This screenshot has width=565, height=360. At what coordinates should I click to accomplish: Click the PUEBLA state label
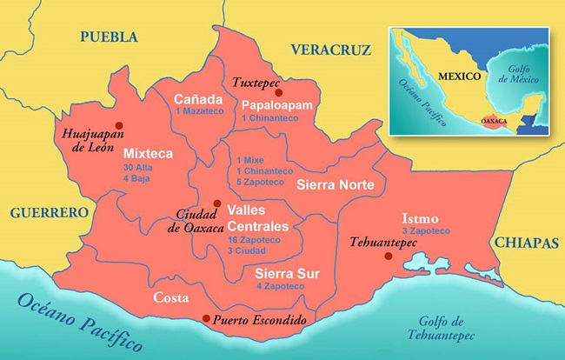(109, 37)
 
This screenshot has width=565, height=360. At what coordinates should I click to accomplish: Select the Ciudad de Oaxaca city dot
(216, 203)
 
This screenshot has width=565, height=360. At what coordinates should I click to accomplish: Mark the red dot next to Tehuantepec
(387, 256)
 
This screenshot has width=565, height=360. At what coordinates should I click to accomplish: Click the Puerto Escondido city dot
(205, 318)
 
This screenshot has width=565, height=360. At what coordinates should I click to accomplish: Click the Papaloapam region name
(275, 103)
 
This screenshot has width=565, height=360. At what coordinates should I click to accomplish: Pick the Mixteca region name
(149, 153)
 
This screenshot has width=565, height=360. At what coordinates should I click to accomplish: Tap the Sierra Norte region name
(336, 185)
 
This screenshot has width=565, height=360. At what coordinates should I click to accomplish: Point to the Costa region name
(171, 297)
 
